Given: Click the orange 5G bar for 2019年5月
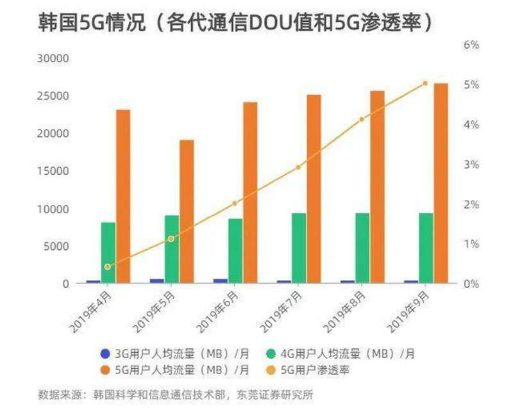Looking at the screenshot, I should click(187, 211).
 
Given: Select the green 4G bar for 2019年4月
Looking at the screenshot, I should click(108, 252).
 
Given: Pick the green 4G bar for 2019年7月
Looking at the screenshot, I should click(299, 248).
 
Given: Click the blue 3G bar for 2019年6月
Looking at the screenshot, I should click(220, 281).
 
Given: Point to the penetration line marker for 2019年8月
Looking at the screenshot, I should click(362, 119).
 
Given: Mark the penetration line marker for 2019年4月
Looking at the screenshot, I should click(108, 267).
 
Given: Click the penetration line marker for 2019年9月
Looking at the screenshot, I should click(425, 83).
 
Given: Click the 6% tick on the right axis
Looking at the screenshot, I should click(471, 45).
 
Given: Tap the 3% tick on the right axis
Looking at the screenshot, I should click(471, 165).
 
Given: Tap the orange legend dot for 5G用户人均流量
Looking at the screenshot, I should click(105, 370).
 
